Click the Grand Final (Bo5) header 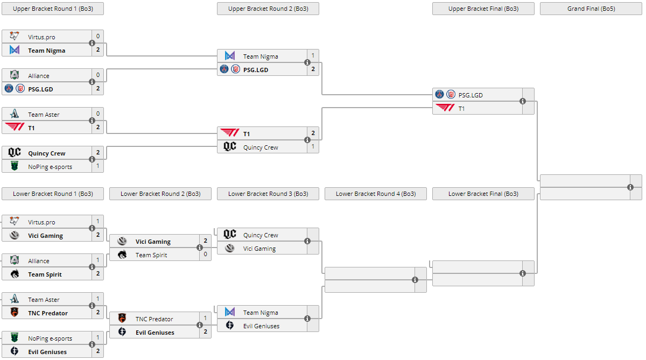pyautogui.click(x=591, y=9)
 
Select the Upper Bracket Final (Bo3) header pyautogui.click(x=483, y=9)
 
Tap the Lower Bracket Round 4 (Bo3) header pyautogui.click(x=375, y=194)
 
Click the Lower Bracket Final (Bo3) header pyautogui.click(x=483, y=194)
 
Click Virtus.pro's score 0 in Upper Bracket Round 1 pyautogui.click(x=98, y=37)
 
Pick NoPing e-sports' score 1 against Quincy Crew pyautogui.click(x=98, y=166)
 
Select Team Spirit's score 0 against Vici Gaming pyautogui.click(x=205, y=255)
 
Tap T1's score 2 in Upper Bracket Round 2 pyautogui.click(x=313, y=133)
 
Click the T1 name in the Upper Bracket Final pyautogui.click(x=461, y=108)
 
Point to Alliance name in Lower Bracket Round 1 pyautogui.click(x=39, y=261)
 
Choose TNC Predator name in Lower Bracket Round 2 pyautogui.click(x=154, y=319)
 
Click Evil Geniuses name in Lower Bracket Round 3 pyautogui.click(x=261, y=326)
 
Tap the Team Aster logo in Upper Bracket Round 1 pyautogui.click(x=15, y=114)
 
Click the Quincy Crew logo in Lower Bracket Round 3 pyautogui.click(x=230, y=235)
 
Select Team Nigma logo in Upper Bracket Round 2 pyautogui.click(x=230, y=56)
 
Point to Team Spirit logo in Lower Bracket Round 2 pyautogui.click(x=122, y=255)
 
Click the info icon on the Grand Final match pyautogui.click(x=630, y=187)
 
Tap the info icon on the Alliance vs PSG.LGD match pyautogui.click(x=92, y=82)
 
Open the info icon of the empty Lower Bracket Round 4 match pyautogui.click(x=415, y=280)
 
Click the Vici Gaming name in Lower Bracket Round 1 pyautogui.click(x=45, y=236)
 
